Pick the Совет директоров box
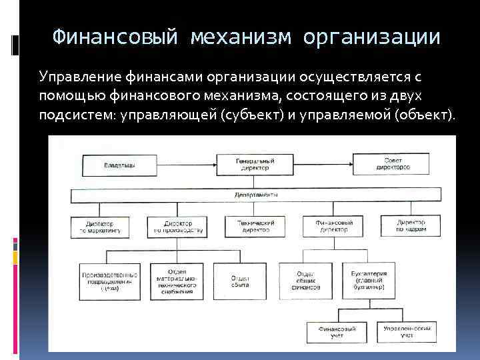click(x=397, y=165)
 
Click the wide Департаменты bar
click(x=256, y=195)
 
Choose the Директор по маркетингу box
click(x=99, y=226)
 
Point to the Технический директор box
click(x=256, y=226)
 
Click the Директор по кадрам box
click(x=411, y=226)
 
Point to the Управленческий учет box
click(x=407, y=332)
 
